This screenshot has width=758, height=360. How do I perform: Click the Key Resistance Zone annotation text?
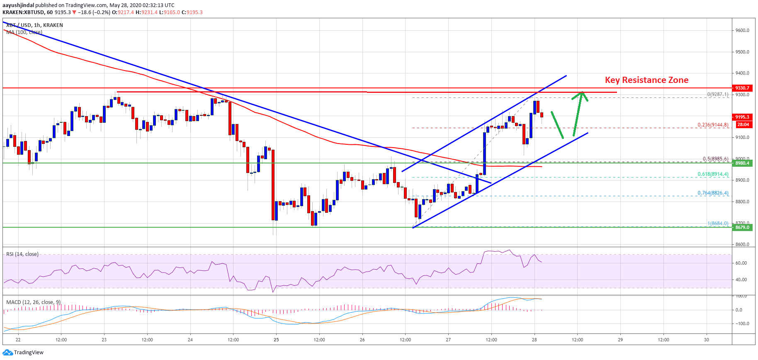tap(646, 80)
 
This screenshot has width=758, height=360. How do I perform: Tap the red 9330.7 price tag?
tap(742, 88)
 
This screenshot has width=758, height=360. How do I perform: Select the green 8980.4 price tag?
tap(742, 163)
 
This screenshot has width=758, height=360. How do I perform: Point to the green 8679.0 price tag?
tap(742, 227)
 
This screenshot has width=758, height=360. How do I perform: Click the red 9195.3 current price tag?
tap(742, 117)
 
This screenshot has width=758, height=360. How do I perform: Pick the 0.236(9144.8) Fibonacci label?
tap(713, 124)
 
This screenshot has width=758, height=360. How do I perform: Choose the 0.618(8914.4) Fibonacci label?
tap(713, 174)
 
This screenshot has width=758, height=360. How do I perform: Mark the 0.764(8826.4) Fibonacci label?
tap(713, 193)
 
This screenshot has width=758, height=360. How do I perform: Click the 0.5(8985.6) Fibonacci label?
tap(715, 159)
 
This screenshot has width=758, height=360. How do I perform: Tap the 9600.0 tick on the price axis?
tap(742, 30)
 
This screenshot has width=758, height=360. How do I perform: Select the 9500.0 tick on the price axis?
tap(742, 52)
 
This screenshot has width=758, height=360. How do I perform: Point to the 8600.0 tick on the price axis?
tap(742, 244)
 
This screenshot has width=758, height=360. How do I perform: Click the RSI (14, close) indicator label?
tap(22, 254)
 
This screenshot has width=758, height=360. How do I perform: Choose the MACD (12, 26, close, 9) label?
tap(34, 302)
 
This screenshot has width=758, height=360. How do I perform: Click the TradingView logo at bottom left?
tap(23, 353)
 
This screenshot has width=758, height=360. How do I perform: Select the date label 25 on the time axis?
tap(276, 340)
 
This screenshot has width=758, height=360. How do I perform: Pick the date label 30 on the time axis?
tap(706, 340)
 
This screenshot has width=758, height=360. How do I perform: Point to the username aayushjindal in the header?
tap(18, 5)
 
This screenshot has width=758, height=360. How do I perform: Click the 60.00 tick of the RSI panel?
tap(741, 263)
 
